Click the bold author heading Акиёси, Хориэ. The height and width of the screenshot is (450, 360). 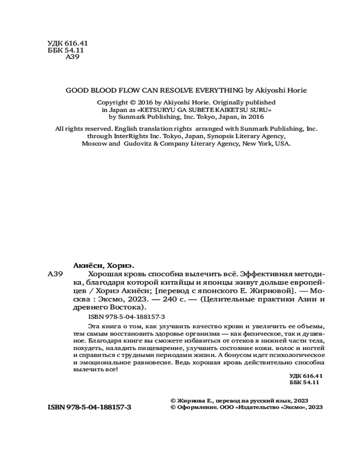point(104,265)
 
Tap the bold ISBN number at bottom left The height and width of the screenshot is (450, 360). point(89,407)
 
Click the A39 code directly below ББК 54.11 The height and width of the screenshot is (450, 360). point(73,57)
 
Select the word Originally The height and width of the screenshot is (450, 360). point(220,103)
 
